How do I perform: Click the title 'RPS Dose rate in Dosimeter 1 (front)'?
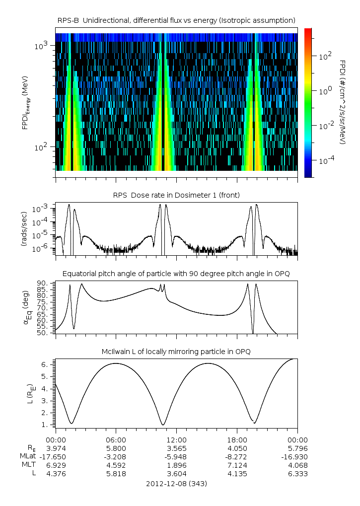coord(177,195)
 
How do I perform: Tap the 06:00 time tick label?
coord(116,440)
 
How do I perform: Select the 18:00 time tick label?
coord(237,440)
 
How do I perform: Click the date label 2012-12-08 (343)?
coord(177,483)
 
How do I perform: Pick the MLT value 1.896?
coord(177,465)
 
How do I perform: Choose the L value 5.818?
coord(116,474)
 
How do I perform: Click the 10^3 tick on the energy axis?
coord(41,46)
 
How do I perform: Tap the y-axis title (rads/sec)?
coord(24,228)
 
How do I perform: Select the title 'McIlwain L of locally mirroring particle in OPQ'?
coord(177,352)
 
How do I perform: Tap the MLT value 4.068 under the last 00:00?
coord(297,465)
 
